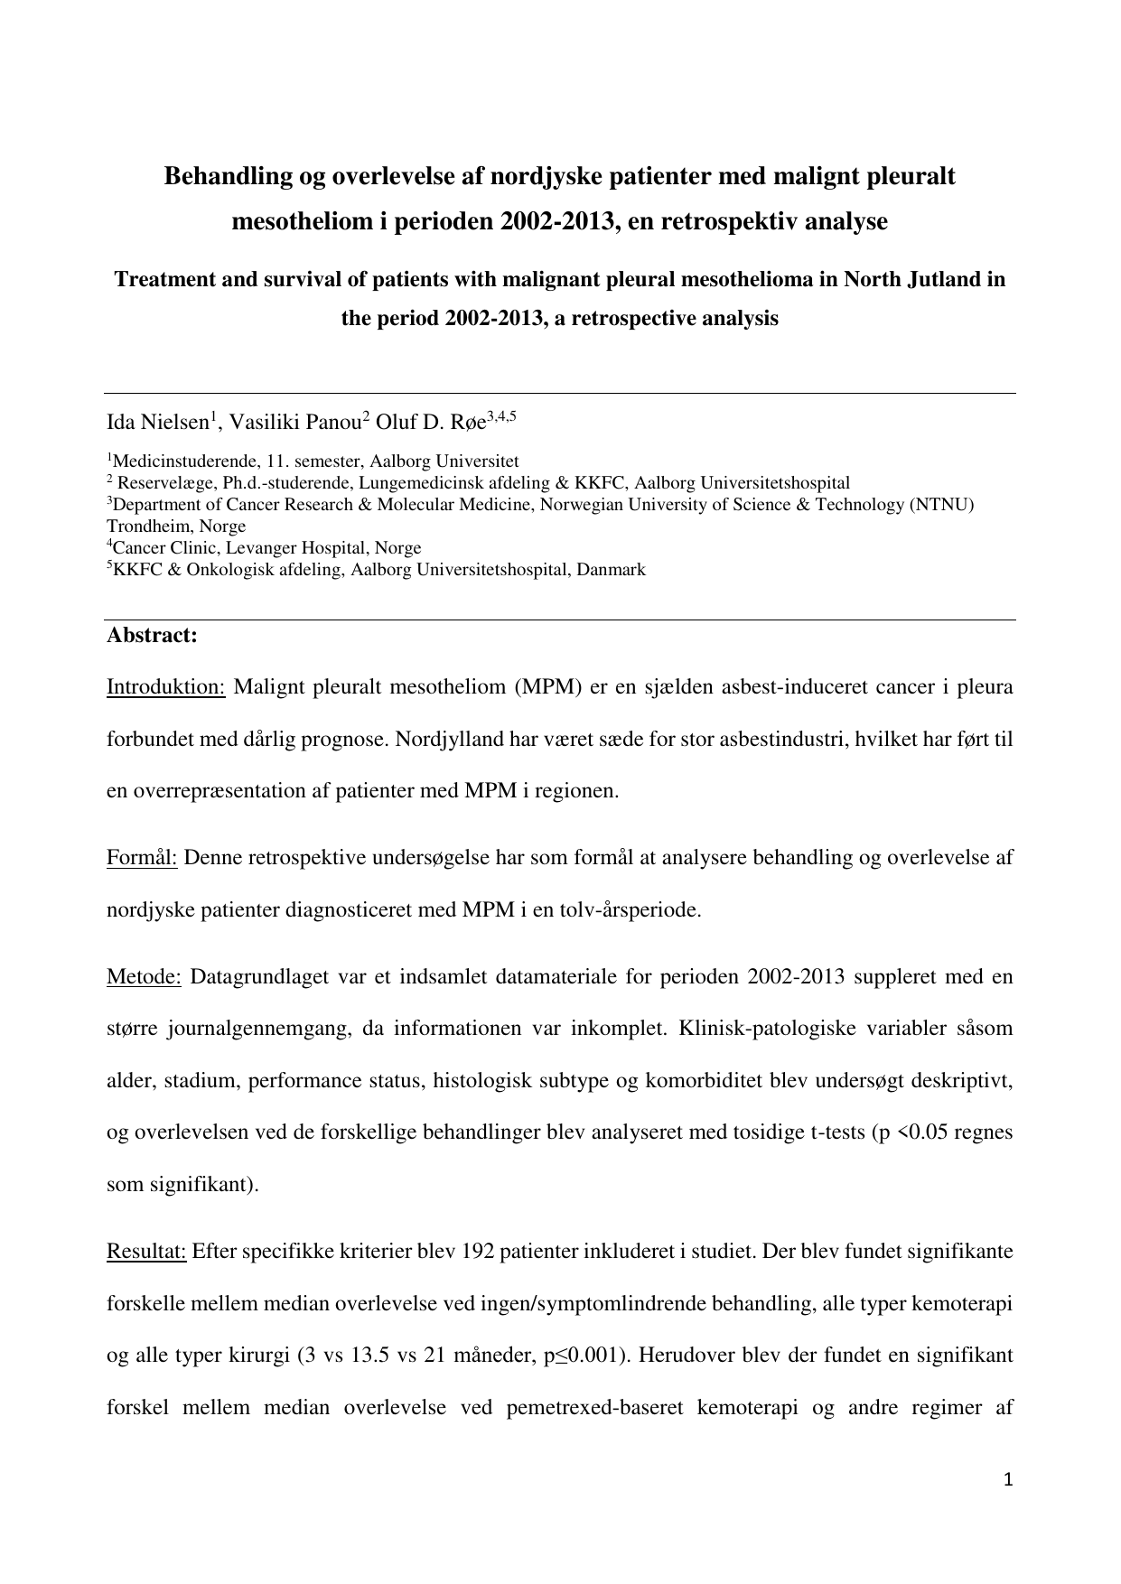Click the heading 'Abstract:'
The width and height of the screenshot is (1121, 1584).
point(152,635)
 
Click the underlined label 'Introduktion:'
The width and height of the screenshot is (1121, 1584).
point(165,687)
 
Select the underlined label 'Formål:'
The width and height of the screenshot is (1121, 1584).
point(145,857)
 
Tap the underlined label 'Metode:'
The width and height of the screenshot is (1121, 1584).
point(144,976)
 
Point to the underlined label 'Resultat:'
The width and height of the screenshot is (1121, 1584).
point(146,1252)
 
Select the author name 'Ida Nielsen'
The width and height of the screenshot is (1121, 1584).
point(158,422)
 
